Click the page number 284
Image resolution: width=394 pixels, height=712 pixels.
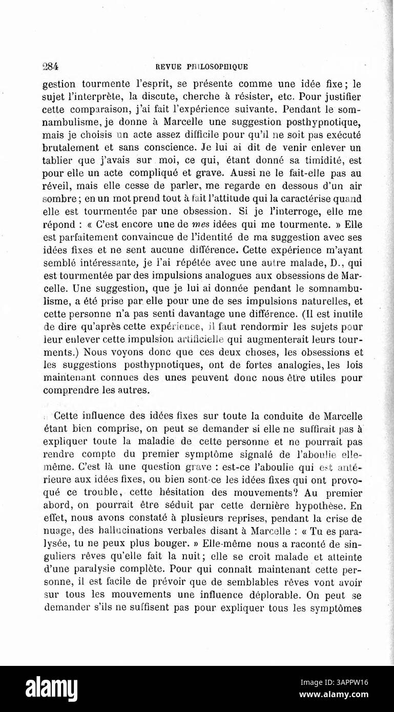[51, 66]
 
